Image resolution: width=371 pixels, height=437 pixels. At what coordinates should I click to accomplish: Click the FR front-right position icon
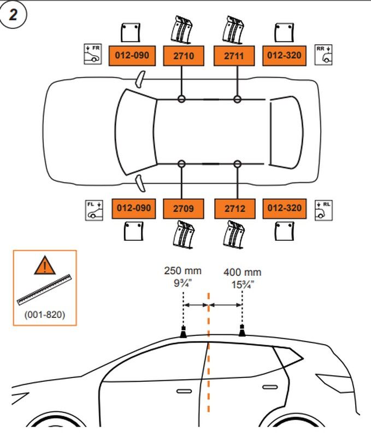coord(93,55)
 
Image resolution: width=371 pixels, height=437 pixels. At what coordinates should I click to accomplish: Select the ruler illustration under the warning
coord(44,289)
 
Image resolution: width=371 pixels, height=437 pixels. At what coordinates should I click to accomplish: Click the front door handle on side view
coord(182,391)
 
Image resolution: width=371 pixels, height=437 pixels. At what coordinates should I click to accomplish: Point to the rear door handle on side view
coord(269,387)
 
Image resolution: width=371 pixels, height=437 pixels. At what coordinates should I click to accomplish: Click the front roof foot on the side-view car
coord(184,332)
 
